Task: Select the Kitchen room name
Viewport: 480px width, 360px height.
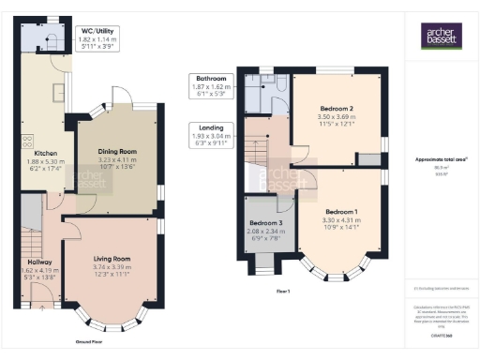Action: (x=47, y=152)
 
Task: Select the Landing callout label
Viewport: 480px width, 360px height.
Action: (x=207, y=127)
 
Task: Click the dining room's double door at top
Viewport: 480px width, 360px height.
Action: (x=122, y=98)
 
